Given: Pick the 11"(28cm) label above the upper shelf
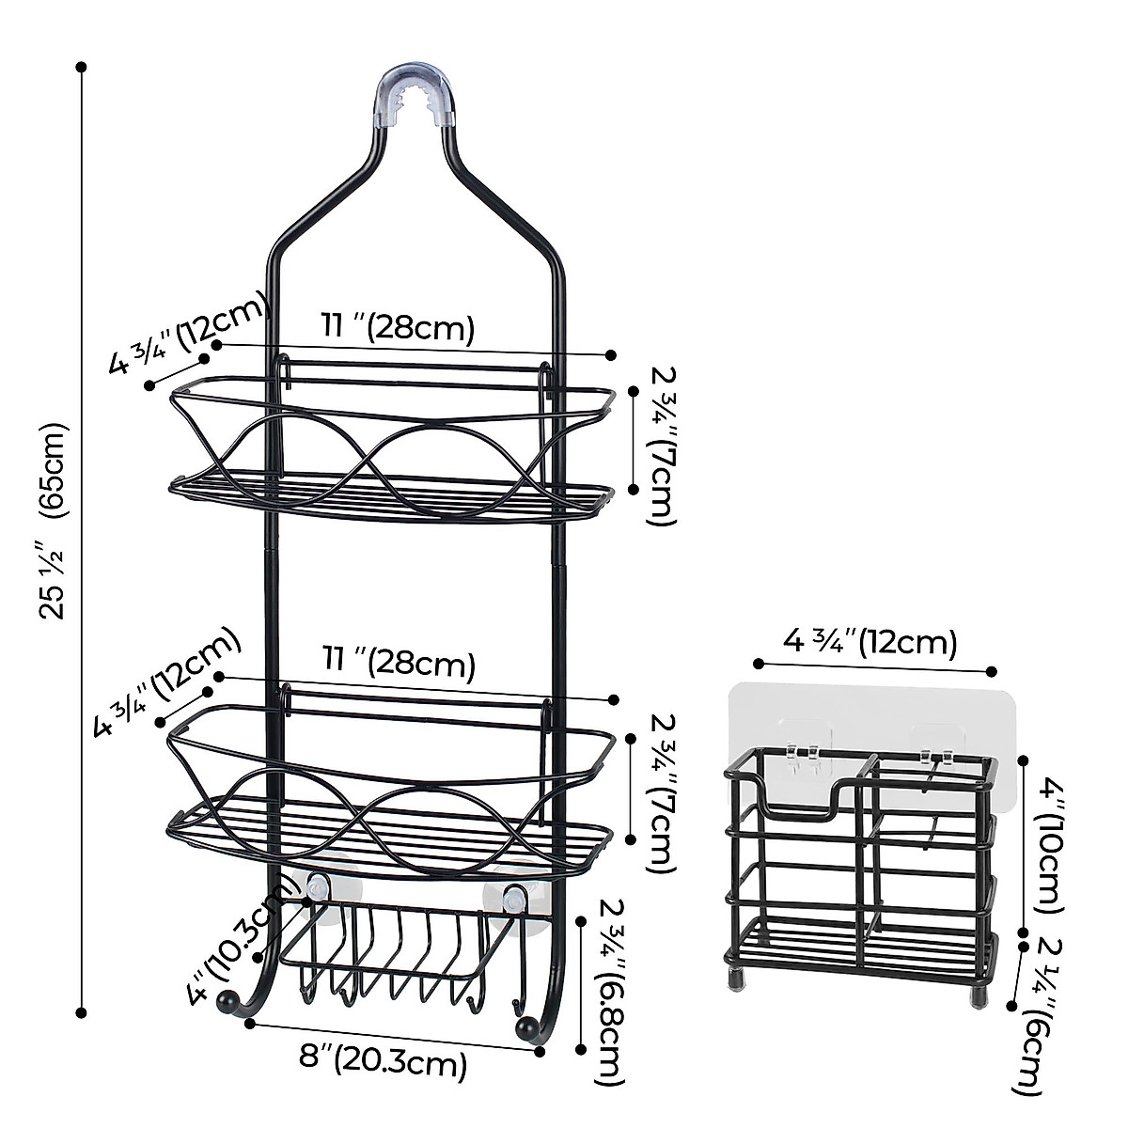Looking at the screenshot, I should (398, 327).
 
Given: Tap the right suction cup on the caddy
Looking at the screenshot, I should (512, 899).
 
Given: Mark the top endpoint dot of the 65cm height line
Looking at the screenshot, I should (82, 67).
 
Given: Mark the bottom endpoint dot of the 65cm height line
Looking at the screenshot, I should (82, 1013).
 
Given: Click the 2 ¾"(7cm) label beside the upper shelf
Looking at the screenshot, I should (663, 444).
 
